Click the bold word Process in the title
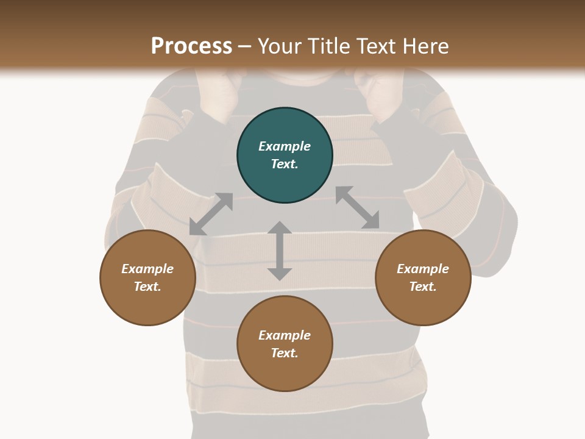tap(191, 46)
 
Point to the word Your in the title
tap(277, 46)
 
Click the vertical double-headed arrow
tap(280, 251)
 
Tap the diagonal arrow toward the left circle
tap(211, 214)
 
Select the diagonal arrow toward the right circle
tap(358, 207)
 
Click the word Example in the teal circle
tap(285, 146)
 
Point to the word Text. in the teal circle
tap(285, 164)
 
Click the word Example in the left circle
tap(147, 269)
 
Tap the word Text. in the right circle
tap(423, 287)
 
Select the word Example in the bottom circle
tap(285, 335)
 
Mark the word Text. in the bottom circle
tap(285, 353)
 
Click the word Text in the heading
tap(374, 46)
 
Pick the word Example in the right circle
tap(423, 269)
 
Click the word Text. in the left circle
tap(147, 287)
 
